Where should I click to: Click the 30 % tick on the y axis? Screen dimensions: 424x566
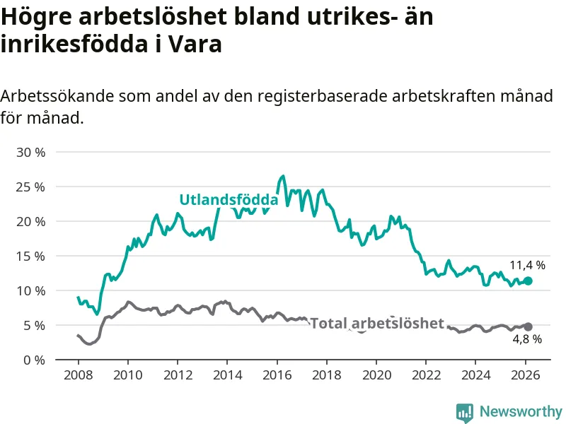click(30, 152)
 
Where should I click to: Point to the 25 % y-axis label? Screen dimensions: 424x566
click(30, 187)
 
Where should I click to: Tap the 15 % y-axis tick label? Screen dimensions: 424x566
click(30, 256)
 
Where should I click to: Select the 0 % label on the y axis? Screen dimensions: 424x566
click(33, 360)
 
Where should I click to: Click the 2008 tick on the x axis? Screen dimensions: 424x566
click(78, 375)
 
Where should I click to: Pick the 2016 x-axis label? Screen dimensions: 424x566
click(277, 375)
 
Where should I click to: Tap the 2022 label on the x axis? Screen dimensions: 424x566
click(426, 375)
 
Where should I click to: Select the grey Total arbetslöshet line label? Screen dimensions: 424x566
click(377, 324)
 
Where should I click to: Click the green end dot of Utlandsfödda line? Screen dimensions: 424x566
click(528, 281)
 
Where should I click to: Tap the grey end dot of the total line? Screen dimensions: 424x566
click(528, 326)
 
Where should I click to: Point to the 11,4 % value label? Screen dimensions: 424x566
click(527, 266)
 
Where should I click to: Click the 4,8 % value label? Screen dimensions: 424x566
click(527, 340)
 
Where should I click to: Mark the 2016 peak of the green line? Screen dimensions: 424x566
click(283, 176)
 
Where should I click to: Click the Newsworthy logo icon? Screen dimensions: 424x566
click(465, 412)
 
